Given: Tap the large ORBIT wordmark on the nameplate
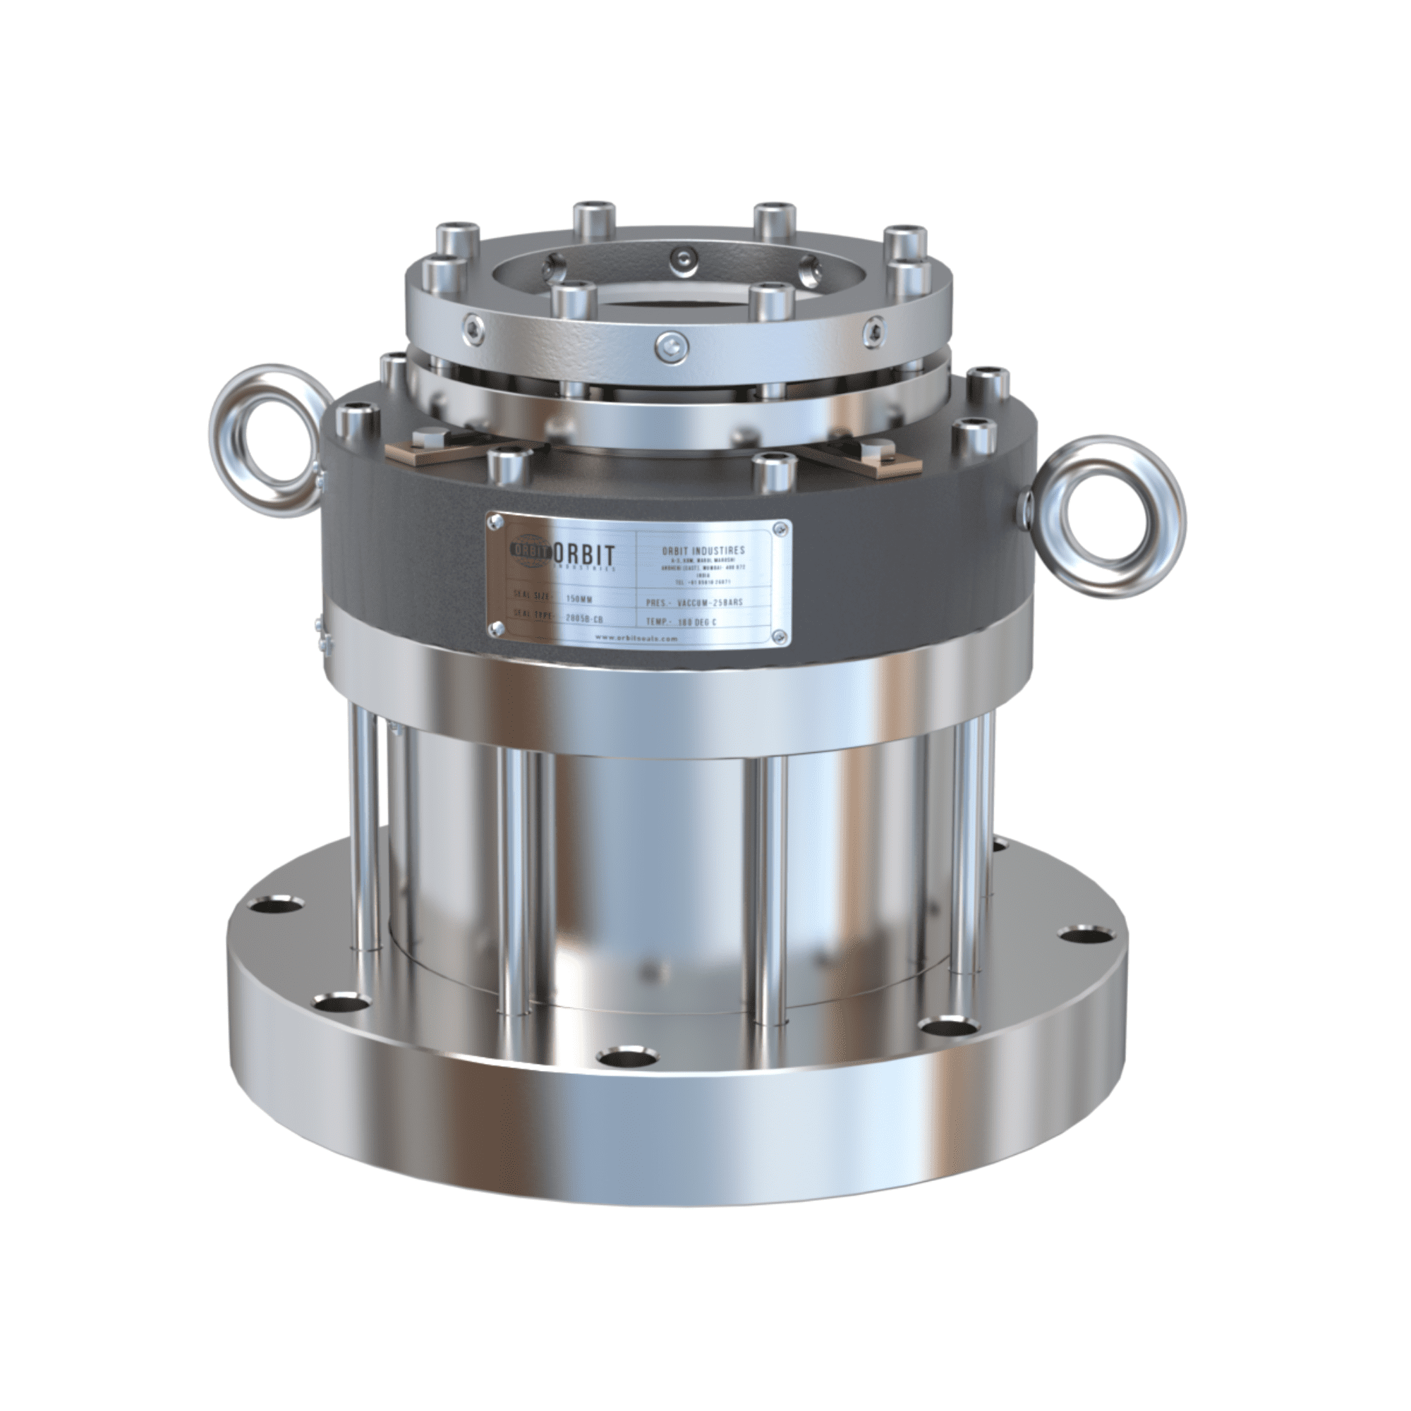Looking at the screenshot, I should [585, 552].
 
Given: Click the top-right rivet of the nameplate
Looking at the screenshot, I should [783, 526].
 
